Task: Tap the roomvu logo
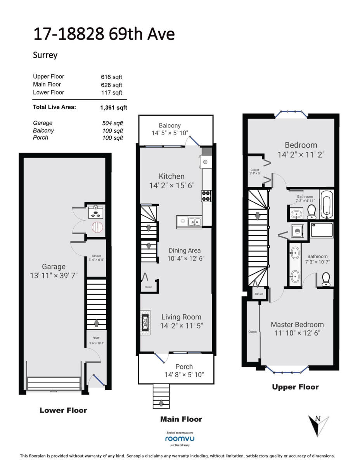(x=180, y=438)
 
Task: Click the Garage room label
(x=54, y=266)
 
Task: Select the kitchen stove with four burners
(x=206, y=196)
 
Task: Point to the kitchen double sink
(x=194, y=221)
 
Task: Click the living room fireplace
(x=145, y=322)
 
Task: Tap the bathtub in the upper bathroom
(x=326, y=204)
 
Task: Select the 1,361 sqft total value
(x=114, y=108)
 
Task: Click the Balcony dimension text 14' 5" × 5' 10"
(x=170, y=133)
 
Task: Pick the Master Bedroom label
(x=297, y=325)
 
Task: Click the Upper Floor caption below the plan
(x=295, y=387)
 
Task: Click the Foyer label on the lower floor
(x=96, y=338)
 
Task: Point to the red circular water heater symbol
(x=97, y=227)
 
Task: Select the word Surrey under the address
(x=45, y=55)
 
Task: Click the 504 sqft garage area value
(x=112, y=123)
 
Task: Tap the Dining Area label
(x=185, y=250)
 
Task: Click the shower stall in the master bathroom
(x=322, y=230)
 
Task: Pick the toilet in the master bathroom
(x=326, y=279)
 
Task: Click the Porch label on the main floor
(x=184, y=367)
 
